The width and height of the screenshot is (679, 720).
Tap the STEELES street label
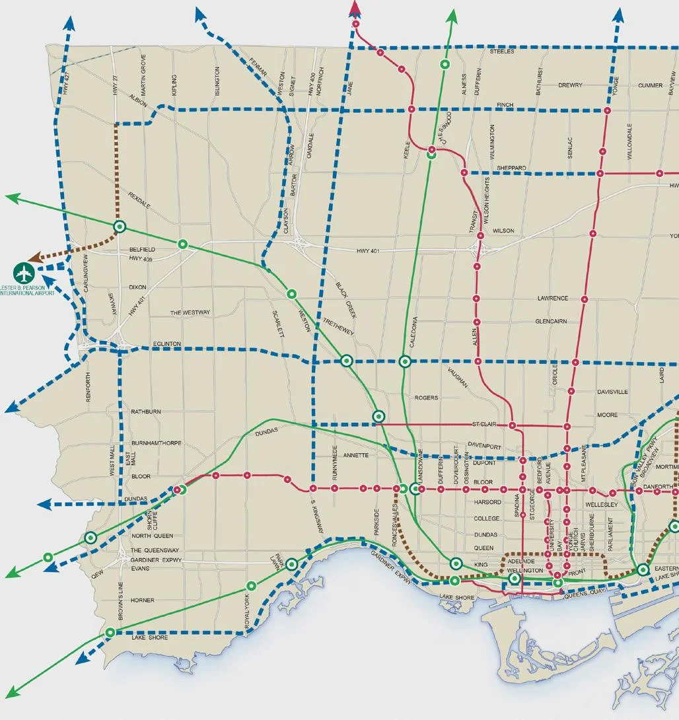click(501, 52)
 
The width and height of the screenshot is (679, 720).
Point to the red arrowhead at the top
click(355, 8)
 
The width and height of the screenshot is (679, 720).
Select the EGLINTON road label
click(166, 344)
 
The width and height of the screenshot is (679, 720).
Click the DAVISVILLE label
click(612, 392)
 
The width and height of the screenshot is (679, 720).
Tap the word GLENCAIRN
click(552, 322)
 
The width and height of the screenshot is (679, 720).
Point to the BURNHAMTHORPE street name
click(157, 443)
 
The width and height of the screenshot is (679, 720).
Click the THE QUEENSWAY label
click(155, 550)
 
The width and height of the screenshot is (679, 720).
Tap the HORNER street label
click(143, 600)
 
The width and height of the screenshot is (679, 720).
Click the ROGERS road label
click(426, 398)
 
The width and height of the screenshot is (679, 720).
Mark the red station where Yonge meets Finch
click(606, 110)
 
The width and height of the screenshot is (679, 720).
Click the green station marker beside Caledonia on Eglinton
click(405, 361)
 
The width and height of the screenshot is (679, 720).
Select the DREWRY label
click(570, 85)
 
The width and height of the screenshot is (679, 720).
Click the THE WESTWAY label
click(190, 312)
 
